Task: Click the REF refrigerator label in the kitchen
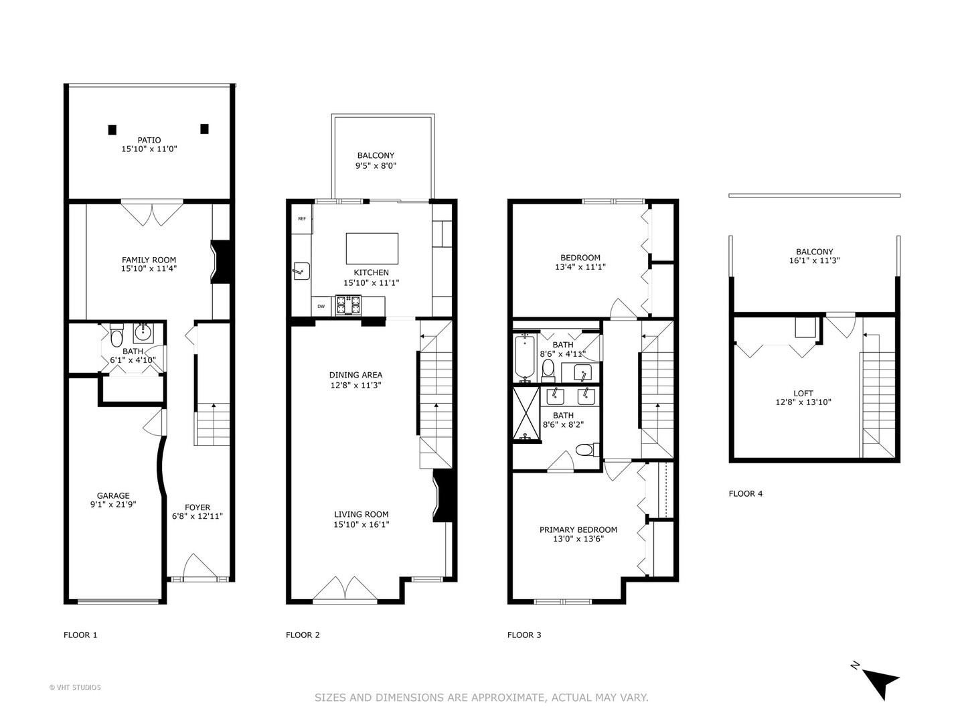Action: click(302, 219)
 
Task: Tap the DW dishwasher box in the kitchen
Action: click(321, 307)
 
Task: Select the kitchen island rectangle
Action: click(372, 248)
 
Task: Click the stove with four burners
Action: click(348, 305)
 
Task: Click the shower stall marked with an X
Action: click(526, 413)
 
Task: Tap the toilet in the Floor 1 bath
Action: click(117, 335)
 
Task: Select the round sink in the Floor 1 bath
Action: click(143, 332)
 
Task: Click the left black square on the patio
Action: click(112, 129)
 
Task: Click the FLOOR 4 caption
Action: click(745, 493)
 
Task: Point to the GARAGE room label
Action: click(113, 495)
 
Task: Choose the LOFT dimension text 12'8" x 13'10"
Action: click(803, 402)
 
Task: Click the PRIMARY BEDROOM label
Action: click(578, 530)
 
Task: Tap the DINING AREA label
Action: click(355, 375)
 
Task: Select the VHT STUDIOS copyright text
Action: click(75, 688)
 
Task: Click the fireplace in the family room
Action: click(220, 262)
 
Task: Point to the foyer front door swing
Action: click(199, 568)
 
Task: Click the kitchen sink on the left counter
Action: click(301, 271)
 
